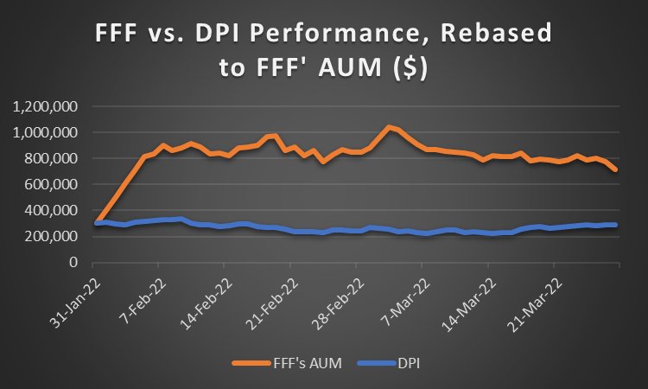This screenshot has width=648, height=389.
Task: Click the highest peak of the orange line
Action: [391, 126]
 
